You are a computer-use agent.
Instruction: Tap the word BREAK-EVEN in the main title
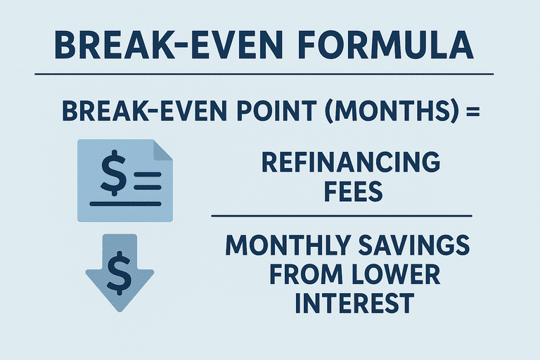pyautogui.click(x=169, y=45)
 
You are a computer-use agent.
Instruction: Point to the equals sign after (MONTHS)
pyautogui.click(x=472, y=112)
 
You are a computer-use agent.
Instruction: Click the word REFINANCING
pyautogui.click(x=351, y=162)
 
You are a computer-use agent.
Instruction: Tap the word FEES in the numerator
pyautogui.click(x=354, y=191)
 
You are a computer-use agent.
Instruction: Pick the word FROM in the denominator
pyautogui.click(x=304, y=274)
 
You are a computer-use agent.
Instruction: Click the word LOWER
pyautogui.click(x=393, y=274)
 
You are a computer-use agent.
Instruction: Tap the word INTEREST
pyautogui.click(x=354, y=303)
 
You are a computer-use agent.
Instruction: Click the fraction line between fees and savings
pyautogui.click(x=342, y=216)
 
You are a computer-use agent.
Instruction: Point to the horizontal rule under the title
pyautogui.click(x=264, y=74)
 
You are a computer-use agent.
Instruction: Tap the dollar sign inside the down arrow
pyautogui.click(x=119, y=273)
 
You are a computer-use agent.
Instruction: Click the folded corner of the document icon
pyautogui.click(x=162, y=150)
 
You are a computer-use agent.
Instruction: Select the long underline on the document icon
pyautogui.click(x=125, y=204)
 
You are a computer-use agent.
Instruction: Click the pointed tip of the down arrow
pyautogui.click(x=120, y=311)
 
